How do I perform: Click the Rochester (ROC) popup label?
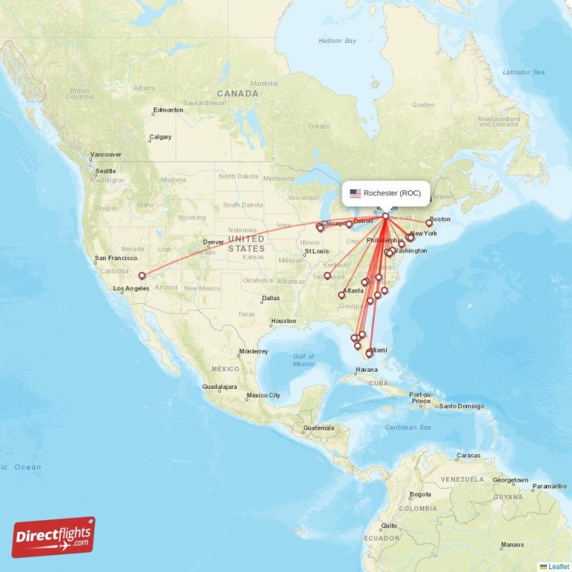397,193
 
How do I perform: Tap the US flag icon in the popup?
355,193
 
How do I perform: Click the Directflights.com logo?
54,537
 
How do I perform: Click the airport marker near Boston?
429,223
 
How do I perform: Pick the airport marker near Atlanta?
342,295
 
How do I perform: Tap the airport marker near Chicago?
320,228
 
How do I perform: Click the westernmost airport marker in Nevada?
142,275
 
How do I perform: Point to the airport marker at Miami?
369,353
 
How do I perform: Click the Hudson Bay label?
337,41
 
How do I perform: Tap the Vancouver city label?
105,154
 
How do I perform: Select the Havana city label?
366,370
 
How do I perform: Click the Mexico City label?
263,395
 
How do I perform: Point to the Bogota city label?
420,494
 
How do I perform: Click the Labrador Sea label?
524,72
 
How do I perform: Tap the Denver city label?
214,242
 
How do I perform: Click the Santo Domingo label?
462,406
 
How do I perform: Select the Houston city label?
283,321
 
